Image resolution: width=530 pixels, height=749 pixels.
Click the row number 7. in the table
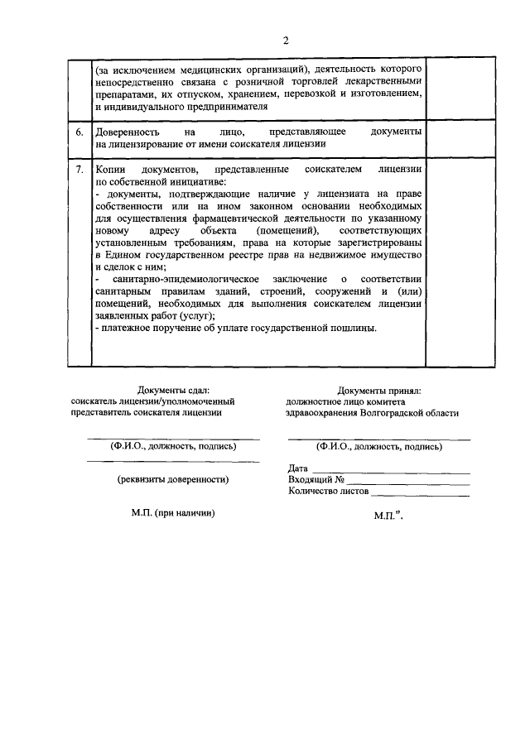pyautogui.click(x=79, y=170)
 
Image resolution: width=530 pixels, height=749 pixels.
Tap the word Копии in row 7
pyautogui.click(x=110, y=170)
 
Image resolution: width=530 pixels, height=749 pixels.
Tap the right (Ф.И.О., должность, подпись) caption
pyautogui.click(x=378, y=446)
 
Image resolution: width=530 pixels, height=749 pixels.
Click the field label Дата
pyautogui.click(x=298, y=468)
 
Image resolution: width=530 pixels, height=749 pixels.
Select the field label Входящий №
pyautogui.click(x=316, y=479)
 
